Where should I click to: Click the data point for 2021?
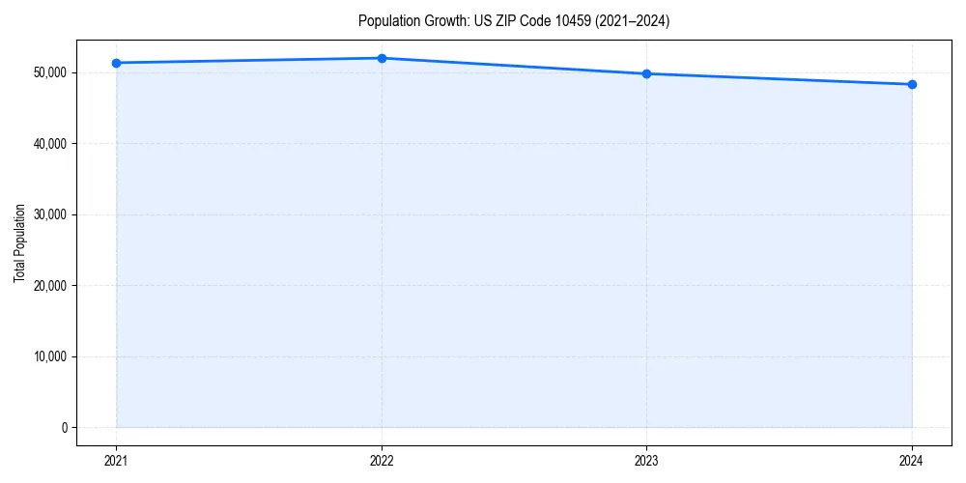pos(116,63)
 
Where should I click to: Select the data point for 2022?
pos(382,58)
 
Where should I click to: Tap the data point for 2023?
pos(646,73)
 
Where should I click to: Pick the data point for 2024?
pos(912,84)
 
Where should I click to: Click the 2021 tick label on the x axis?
pos(116,460)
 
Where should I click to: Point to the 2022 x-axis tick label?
pos(382,460)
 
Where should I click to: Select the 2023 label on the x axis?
pos(646,460)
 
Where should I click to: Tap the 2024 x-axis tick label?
pos(912,460)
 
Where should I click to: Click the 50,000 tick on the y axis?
pos(49,72)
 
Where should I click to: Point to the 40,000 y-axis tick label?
pos(49,144)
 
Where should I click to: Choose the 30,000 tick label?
pos(49,214)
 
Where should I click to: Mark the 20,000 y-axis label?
pos(49,286)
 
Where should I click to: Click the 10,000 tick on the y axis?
pos(49,356)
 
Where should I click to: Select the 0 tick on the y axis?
pos(65,428)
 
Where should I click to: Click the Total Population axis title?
pos(19,242)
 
